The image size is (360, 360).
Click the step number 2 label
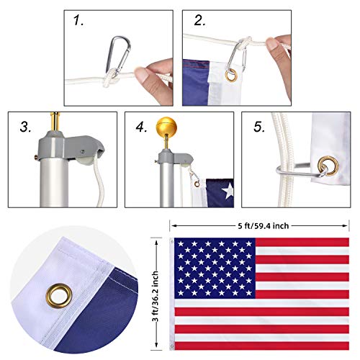(x=198, y=22)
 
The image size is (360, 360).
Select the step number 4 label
(x=141, y=128)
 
